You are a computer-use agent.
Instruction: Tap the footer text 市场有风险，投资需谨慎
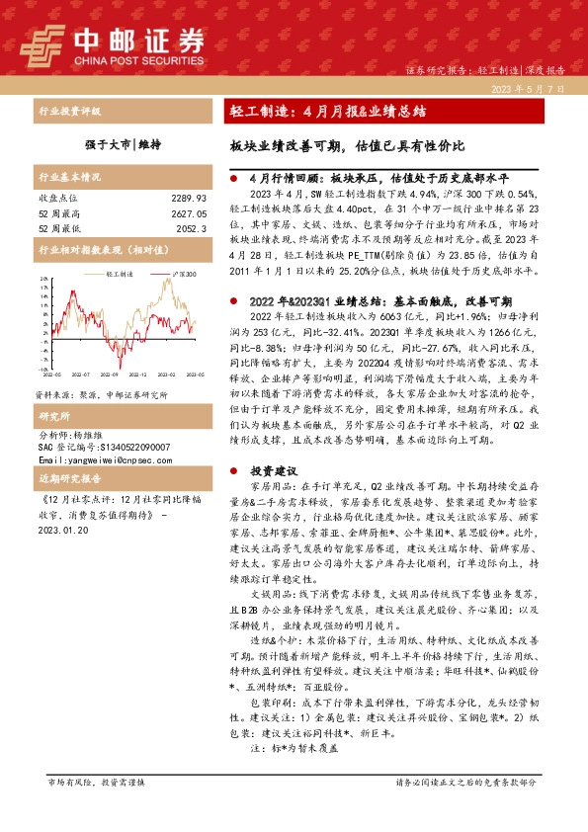(96, 809)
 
